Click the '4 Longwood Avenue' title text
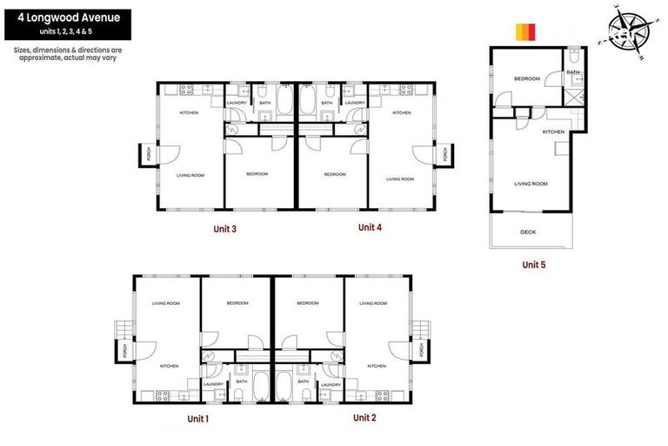click(67, 17)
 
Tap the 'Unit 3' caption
click(224, 229)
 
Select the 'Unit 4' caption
click(370, 227)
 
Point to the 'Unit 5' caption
click(533, 264)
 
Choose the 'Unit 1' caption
click(198, 419)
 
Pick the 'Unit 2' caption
click(364, 418)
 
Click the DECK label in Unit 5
click(528, 232)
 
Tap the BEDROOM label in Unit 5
click(526, 79)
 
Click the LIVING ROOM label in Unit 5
click(531, 184)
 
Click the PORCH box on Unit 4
click(444, 155)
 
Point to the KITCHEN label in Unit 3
click(189, 113)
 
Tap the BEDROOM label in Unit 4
click(335, 174)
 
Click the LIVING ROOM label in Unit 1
click(165, 303)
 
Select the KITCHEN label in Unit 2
click(376, 366)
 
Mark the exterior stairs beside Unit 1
click(121, 331)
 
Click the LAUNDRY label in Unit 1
click(213, 383)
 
